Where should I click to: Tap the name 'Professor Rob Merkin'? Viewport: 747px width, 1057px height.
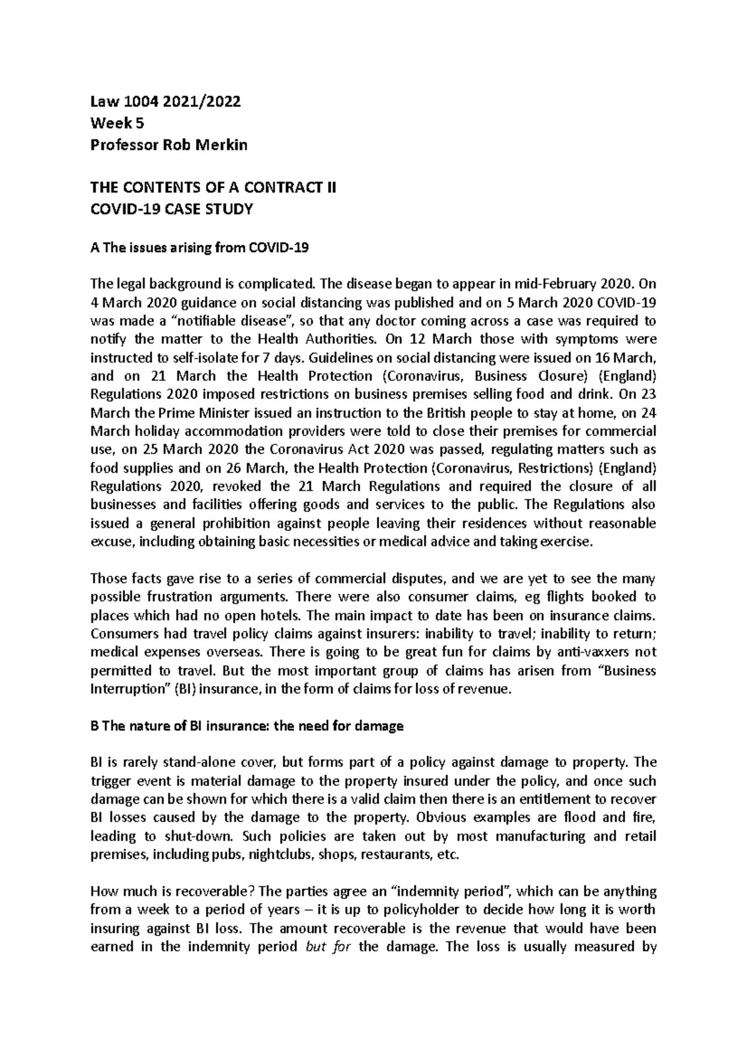coord(169,146)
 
